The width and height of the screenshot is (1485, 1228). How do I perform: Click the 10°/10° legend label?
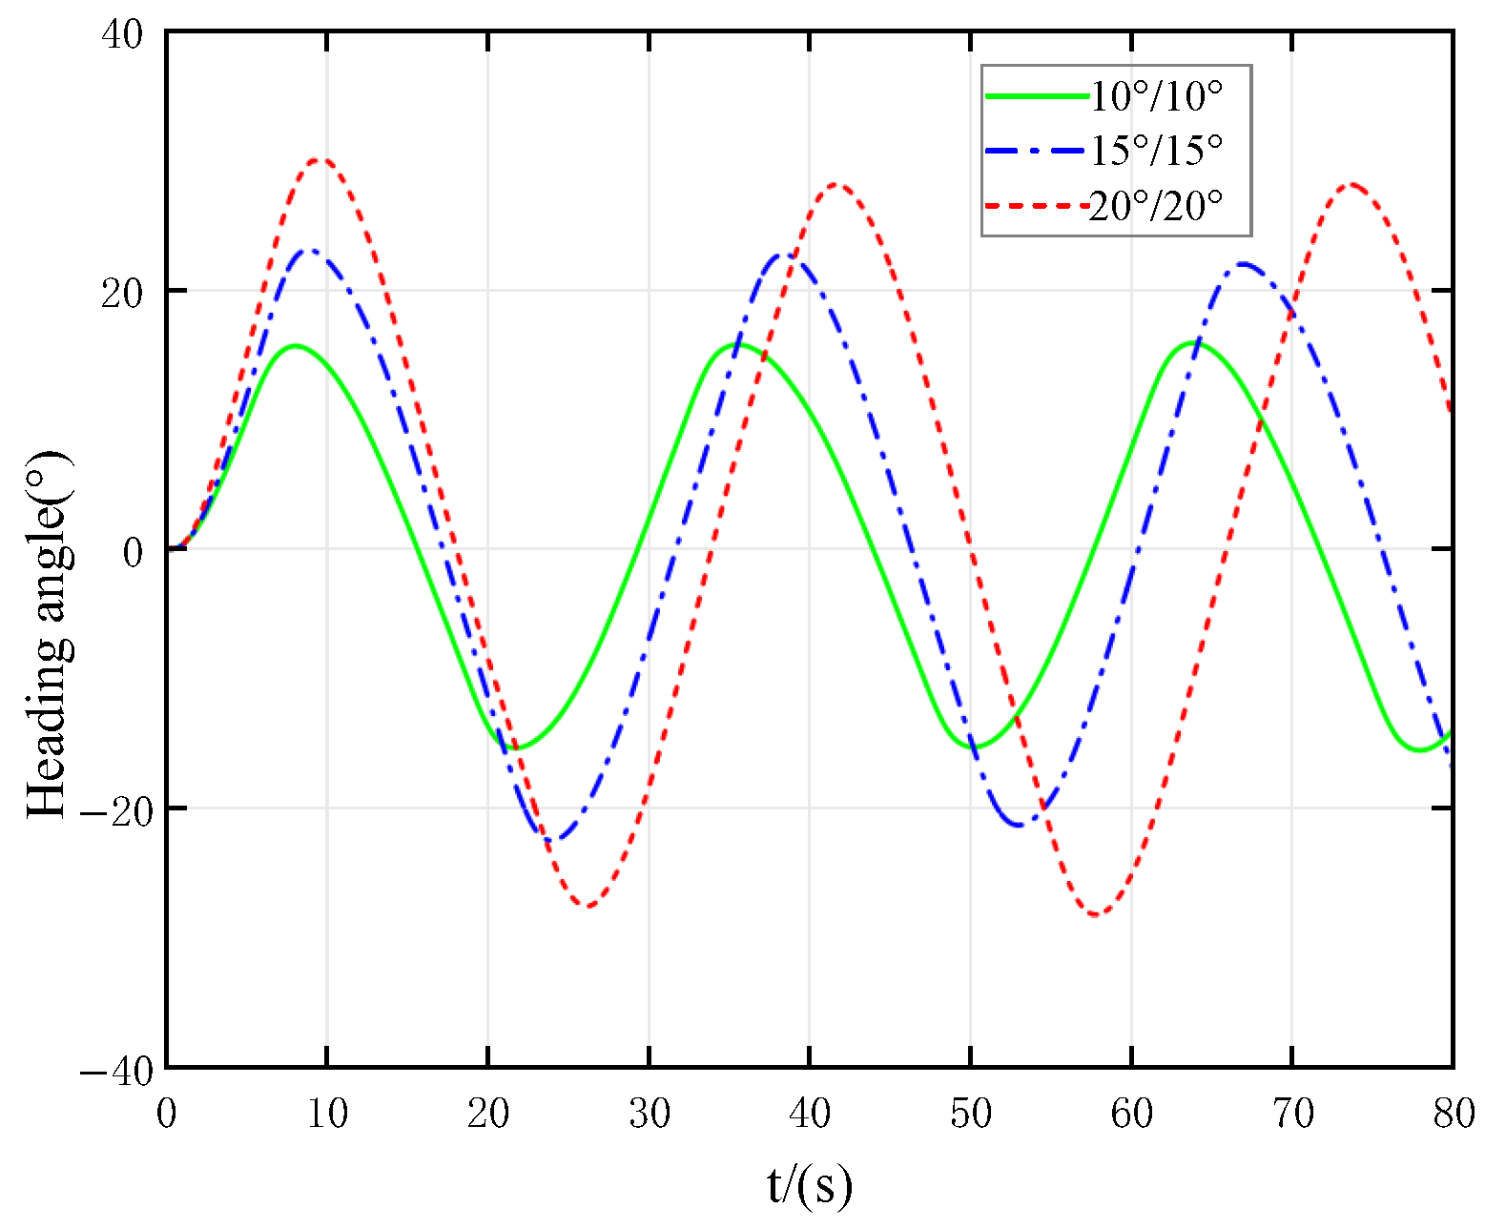(x=1155, y=95)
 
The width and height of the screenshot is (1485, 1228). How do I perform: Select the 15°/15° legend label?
(x=1155, y=150)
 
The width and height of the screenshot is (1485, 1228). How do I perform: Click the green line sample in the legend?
(x=1036, y=95)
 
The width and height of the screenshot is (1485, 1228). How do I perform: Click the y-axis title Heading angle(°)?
(x=48, y=634)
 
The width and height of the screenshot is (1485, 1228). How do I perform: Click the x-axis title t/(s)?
(x=809, y=1185)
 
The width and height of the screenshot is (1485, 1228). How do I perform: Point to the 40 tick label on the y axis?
(x=121, y=34)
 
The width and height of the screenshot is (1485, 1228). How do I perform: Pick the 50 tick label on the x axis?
(x=970, y=1113)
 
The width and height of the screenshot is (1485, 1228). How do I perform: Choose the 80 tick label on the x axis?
(x=1453, y=1113)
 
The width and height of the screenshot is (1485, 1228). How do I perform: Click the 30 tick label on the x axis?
(x=649, y=1113)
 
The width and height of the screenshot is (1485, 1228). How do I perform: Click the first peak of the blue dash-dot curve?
(x=310, y=250)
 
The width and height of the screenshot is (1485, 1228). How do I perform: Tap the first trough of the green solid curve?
(x=514, y=747)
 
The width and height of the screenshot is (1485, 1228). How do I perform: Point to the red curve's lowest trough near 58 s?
(x=1096, y=915)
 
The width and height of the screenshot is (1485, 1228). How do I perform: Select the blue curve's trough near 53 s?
(x=1020, y=825)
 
